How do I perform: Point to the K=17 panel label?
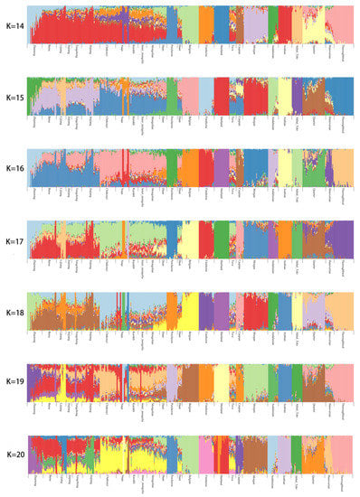[13, 241]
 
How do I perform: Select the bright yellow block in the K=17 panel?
[189, 239]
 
